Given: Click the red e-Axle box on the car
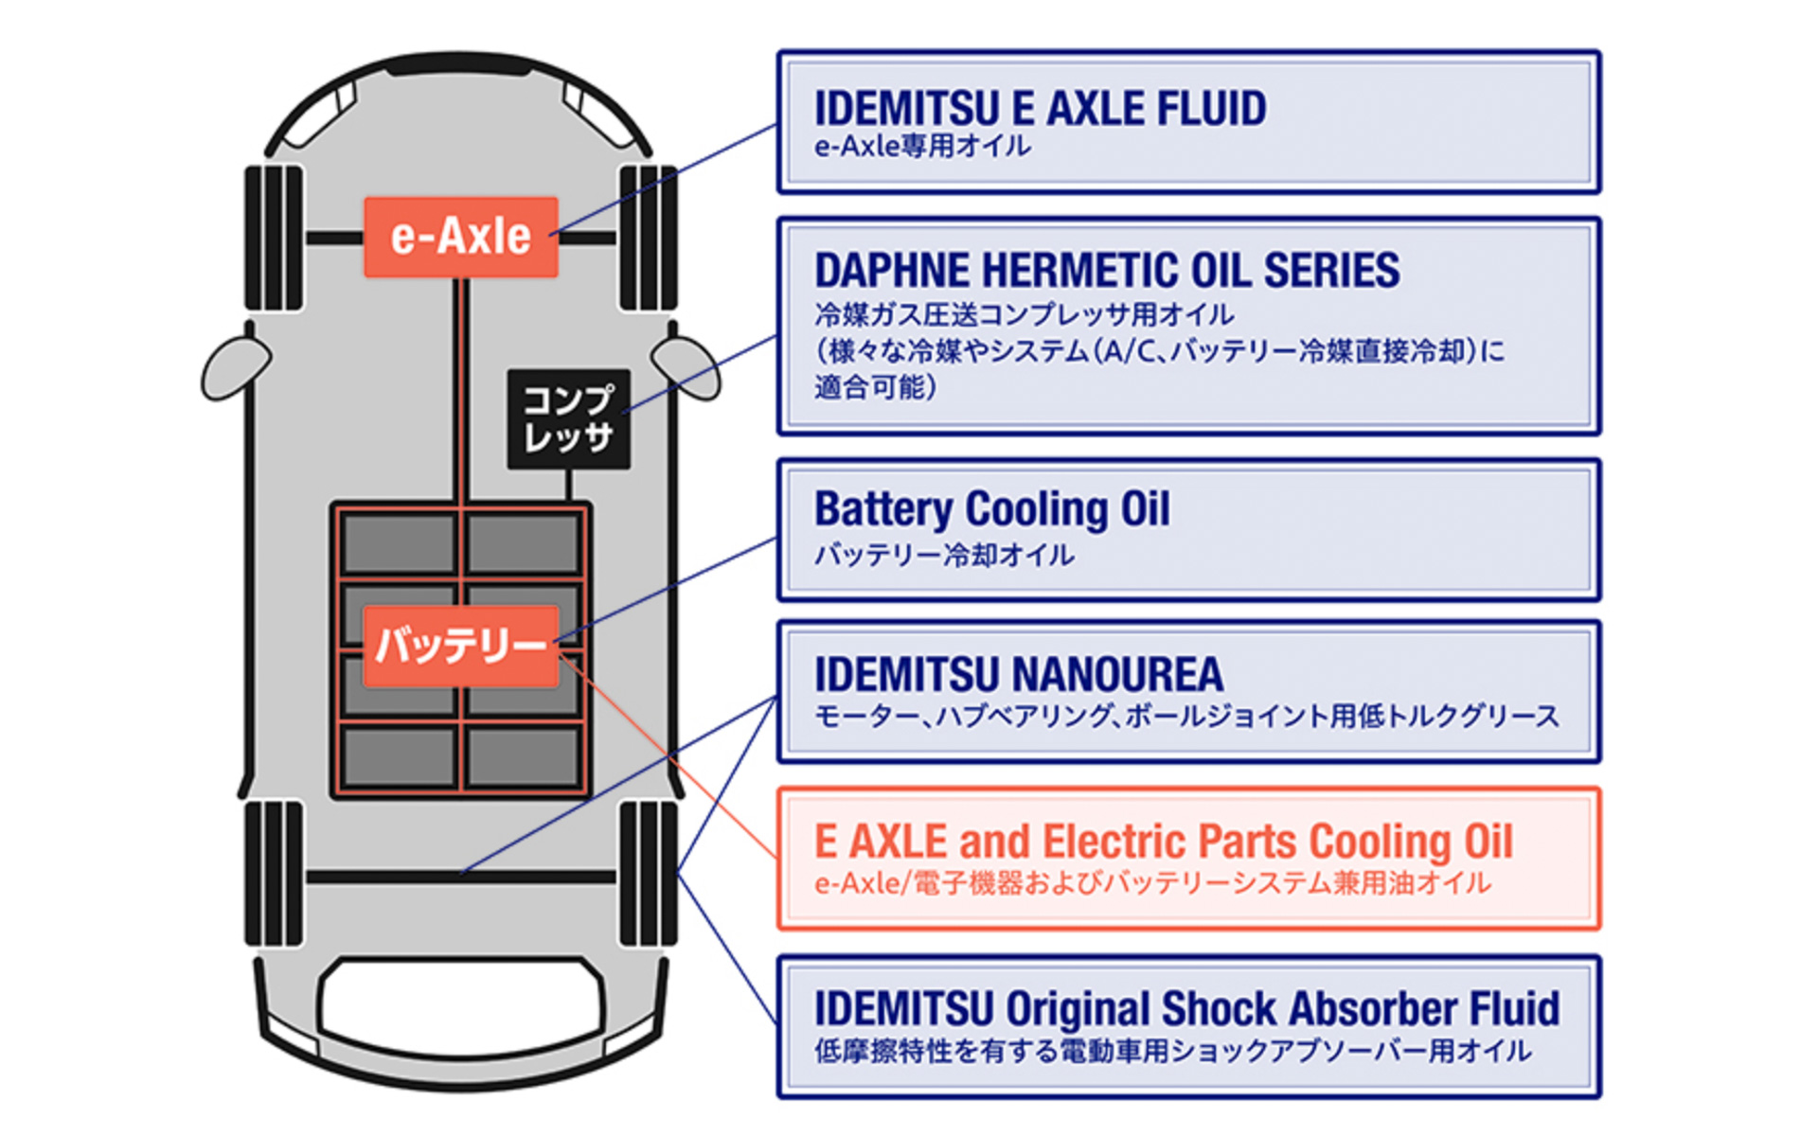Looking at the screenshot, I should tap(461, 237).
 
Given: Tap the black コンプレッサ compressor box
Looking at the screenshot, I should tap(568, 418).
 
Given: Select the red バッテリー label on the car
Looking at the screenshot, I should tap(461, 646).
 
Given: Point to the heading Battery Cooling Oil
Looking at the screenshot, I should tap(991, 509).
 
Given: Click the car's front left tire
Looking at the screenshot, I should tap(274, 238).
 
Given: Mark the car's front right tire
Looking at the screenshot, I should tap(648, 238).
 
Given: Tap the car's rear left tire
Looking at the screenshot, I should tap(274, 873).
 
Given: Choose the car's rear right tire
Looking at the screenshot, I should tap(648, 873).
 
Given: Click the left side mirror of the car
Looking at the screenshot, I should tap(234, 367).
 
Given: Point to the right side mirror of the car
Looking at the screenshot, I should tap(686, 367).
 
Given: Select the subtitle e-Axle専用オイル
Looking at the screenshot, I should tap(922, 147).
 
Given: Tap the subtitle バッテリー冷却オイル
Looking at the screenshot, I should tap(944, 555).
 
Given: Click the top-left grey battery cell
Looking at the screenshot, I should tap(399, 543).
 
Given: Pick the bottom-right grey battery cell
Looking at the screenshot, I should tap(523, 755).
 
